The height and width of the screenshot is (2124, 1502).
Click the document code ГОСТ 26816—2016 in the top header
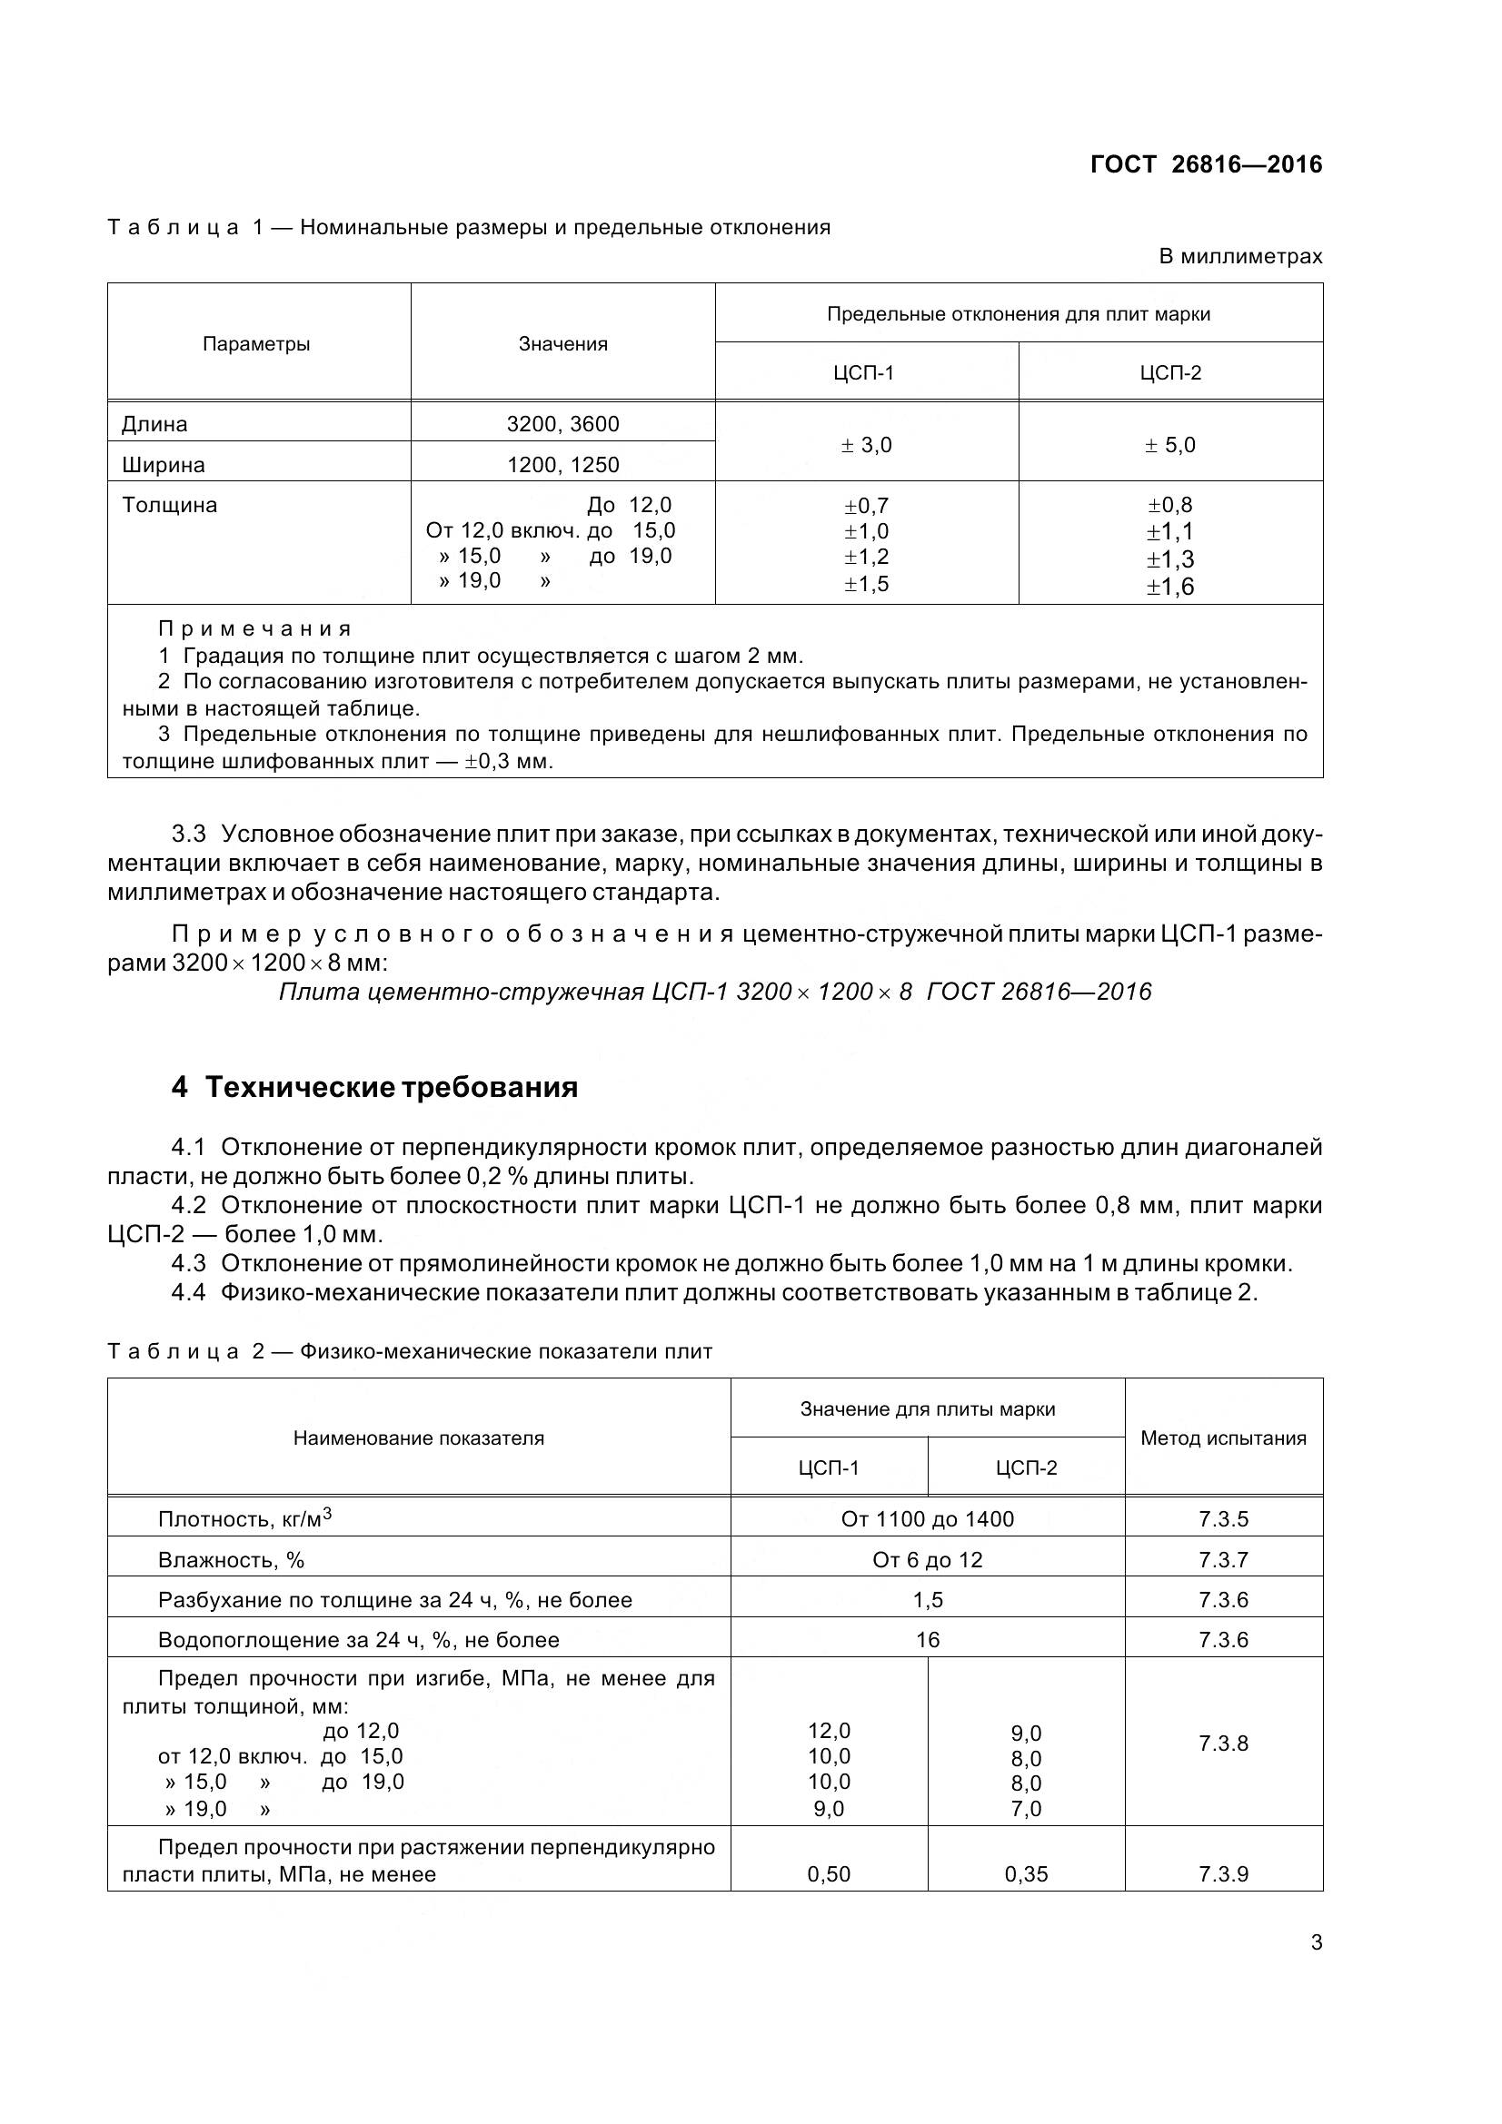click(x=1206, y=164)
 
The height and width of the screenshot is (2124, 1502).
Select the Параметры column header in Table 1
click(x=256, y=344)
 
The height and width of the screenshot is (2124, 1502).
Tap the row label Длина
click(x=154, y=425)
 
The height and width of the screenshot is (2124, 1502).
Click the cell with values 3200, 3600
click(x=562, y=425)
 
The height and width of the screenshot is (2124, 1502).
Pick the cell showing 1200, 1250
click(x=562, y=464)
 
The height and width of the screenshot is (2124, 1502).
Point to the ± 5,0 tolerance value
click(x=1169, y=445)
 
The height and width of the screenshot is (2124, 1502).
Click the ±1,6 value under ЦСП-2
click(x=1169, y=587)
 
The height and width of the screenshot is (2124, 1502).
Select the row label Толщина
click(x=169, y=505)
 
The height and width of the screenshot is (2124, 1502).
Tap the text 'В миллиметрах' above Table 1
click(x=1240, y=256)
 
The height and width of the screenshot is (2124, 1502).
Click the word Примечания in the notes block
click(x=255, y=629)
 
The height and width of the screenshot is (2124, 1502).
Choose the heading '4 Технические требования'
click(x=374, y=1087)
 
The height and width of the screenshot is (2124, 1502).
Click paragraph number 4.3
click(x=188, y=1263)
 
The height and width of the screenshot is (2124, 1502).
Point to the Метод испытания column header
click(x=1223, y=1437)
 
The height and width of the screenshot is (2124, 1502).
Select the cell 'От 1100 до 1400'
click(x=928, y=1519)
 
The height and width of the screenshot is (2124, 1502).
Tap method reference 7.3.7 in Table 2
click(x=1223, y=1560)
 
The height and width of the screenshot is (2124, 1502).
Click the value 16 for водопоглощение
click(x=928, y=1640)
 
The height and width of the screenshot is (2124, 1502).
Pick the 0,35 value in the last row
click(x=1025, y=1874)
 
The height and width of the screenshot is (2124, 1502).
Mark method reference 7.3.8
click(x=1223, y=1744)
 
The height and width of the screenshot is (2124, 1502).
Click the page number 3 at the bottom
click(x=1316, y=1942)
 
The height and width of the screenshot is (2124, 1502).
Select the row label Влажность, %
click(x=231, y=1560)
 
